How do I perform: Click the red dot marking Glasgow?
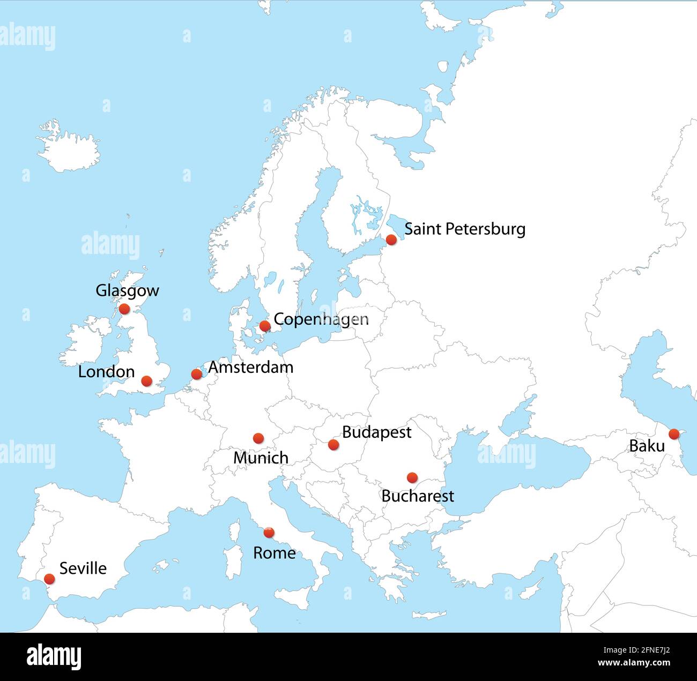click(x=124, y=309)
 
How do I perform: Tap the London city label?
click(x=106, y=372)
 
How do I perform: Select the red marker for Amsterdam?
click(x=197, y=374)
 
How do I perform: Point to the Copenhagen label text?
click(x=321, y=319)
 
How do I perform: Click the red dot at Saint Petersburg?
click(x=391, y=240)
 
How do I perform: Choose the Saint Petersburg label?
click(x=464, y=229)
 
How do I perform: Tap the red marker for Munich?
click(x=258, y=438)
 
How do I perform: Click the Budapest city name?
click(x=376, y=432)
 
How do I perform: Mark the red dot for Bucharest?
click(x=412, y=477)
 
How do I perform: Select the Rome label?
click(x=274, y=553)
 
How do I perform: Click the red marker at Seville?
click(x=49, y=579)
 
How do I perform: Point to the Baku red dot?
click(x=674, y=434)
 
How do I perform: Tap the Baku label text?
click(x=647, y=446)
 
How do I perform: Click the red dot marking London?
click(x=146, y=381)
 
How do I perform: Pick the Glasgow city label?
click(x=127, y=290)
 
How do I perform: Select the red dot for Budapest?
click(x=333, y=444)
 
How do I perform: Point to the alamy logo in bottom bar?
click(x=54, y=656)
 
